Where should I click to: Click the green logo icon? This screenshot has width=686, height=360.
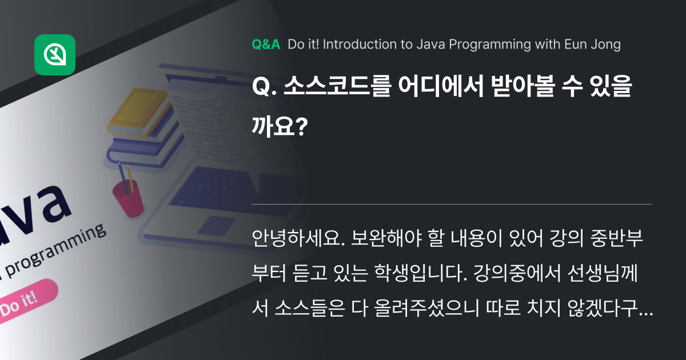pos(55,55)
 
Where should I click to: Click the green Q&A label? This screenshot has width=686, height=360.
pos(266,45)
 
